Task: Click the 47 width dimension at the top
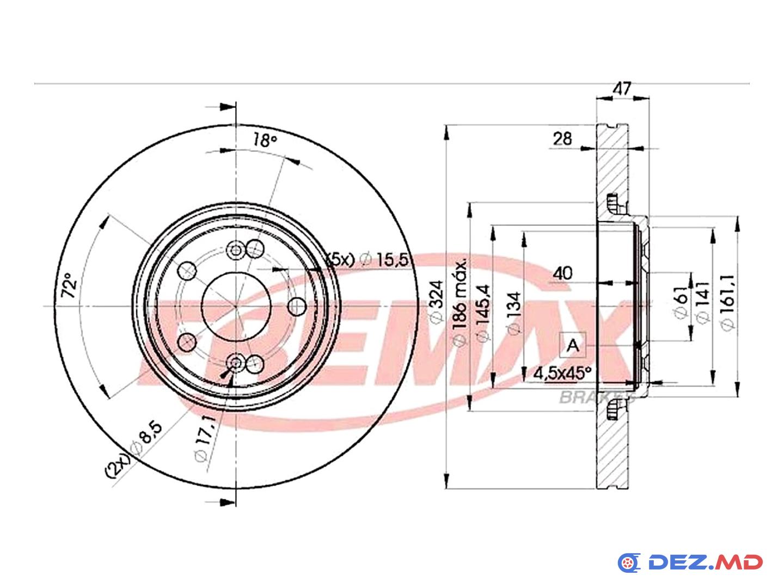tap(622, 88)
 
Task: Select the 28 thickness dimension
tap(562, 138)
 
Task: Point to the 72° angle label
tap(69, 285)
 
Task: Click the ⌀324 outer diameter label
tap(437, 302)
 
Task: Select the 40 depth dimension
tap(562, 273)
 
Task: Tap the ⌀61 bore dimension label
tap(681, 302)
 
